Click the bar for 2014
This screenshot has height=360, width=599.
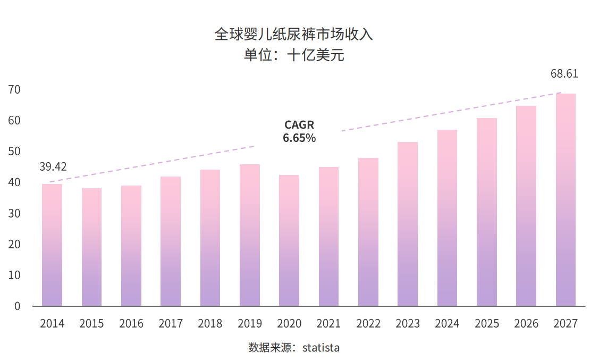pyautogui.click(x=52, y=245)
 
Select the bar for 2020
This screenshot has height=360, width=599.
pyautogui.click(x=289, y=240)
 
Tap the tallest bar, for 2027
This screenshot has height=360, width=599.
pyautogui.click(x=566, y=199)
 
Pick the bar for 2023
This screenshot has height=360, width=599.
pyautogui.click(x=408, y=224)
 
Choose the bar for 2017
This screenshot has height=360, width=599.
pyautogui.click(x=171, y=241)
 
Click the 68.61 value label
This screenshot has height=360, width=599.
pyautogui.click(x=564, y=74)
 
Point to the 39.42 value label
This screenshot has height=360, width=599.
pyautogui.click(x=53, y=167)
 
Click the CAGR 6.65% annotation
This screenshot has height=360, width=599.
pyautogui.click(x=299, y=131)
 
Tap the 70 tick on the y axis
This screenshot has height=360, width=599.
pyautogui.click(x=14, y=90)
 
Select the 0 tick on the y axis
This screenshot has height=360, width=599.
pyautogui.click(x=18, y=306)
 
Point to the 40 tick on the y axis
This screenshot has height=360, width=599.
pyautogui.click(x=14, y=182)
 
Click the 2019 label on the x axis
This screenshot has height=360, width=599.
pyautogui.click(x=250, y=323)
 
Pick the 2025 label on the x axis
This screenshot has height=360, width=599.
pyautogui.click(x=487, y=323)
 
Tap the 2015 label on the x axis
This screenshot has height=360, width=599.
pyautogui.click(x=91, y=323)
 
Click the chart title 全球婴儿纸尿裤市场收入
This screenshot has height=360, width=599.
pyautogui.click(x=294, y=35)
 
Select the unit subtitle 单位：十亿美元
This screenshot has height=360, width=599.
pyautogui.click(x=294, y=55)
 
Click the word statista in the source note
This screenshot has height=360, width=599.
pyautogui.click(x=320, y=348)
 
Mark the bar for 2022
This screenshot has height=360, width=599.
pyautogui.click(x=368, y=232)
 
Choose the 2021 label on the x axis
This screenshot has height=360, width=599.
pyautogui.click(x=328, y=323)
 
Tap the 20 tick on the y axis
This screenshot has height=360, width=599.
pyautogui.click(x=14, y=245)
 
